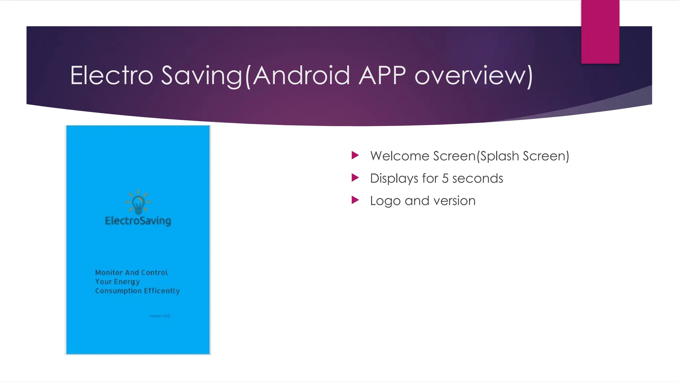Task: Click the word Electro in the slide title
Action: point(111,75)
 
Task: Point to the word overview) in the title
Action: point(473,76)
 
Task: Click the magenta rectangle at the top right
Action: point(600,32)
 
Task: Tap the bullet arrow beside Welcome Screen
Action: point(355,155)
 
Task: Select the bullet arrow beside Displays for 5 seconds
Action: point(355,178)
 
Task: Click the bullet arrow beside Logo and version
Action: point(355,200)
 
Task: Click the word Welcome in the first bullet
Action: point(400,156)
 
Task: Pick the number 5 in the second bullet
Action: point(445,178)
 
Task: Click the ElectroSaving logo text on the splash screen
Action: point(138,221)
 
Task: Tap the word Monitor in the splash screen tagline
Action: point(109,273)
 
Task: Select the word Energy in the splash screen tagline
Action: point(127,282)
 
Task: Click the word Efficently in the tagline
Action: point(162,291)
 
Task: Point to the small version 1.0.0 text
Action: point(160,316)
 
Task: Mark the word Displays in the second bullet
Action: point(394,178)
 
